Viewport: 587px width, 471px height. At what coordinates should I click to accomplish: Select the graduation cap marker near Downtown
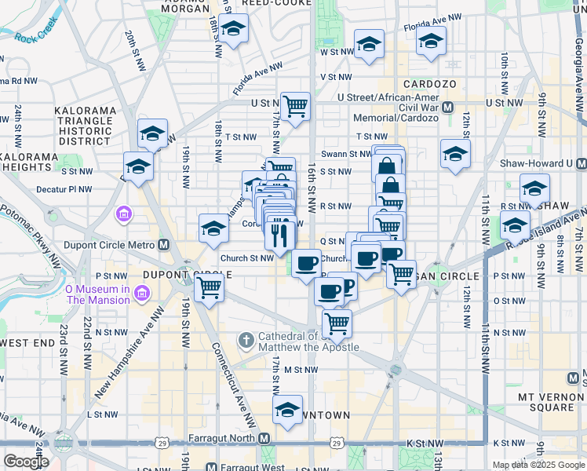[287, 411]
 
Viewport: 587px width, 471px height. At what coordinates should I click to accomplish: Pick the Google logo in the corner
[26, 462]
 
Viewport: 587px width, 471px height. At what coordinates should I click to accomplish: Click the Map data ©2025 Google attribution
[538, 465]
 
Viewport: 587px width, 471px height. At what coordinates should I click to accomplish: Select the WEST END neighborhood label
[27, 343]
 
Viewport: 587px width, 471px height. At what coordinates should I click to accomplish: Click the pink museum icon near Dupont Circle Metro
[124, 214]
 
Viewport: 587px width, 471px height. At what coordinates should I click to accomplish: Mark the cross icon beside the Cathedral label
[246, 341]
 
